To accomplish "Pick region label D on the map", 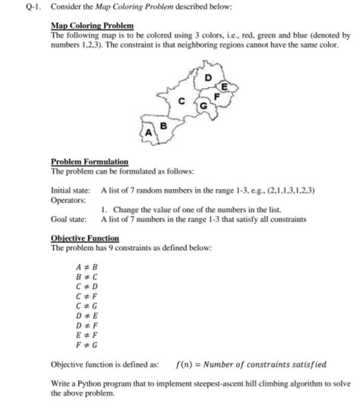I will click(x=208, y=77).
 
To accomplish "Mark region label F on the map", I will click(x=218, y=96).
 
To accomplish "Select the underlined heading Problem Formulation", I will click(x=89, y=162).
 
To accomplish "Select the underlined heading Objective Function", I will click(x=84, y=238).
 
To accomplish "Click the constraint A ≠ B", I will click(x=88, y=269).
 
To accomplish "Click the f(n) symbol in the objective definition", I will click(x=184, y=364).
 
